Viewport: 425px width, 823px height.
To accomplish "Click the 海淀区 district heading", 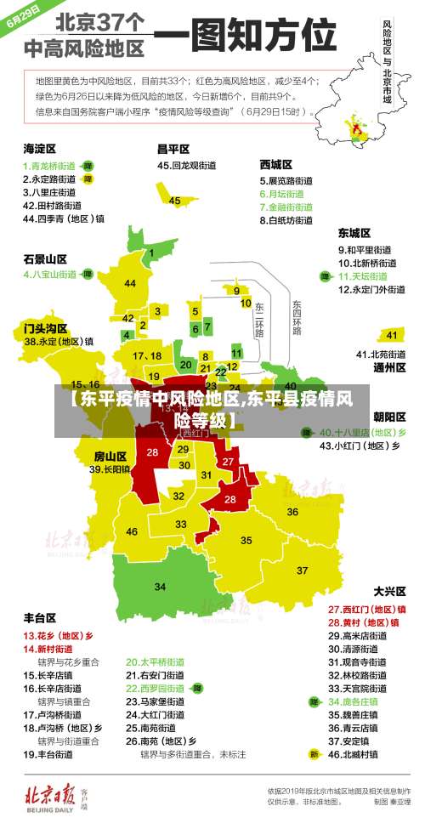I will click(38, 149).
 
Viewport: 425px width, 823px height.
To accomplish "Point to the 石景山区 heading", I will click(44, 258).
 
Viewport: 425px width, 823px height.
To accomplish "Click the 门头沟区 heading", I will click(44, 327).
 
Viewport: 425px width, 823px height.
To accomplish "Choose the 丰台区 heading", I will click(39, 617).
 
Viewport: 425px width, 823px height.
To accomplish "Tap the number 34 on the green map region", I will click(160, 587).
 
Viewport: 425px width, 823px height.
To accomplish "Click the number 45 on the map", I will click(175, 201).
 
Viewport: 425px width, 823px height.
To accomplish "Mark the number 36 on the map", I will click(292, 512).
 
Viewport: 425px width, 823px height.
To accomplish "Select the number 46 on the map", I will click(132, 531).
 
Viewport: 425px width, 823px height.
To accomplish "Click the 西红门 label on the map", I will click(195, 433).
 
